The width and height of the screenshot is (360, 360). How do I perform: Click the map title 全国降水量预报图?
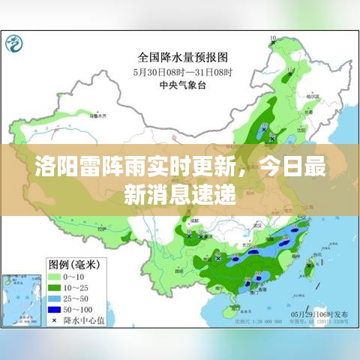point(183,56)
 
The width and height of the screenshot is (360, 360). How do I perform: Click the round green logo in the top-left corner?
point(13,44)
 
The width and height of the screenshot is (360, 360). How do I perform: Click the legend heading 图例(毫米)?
point(75,263)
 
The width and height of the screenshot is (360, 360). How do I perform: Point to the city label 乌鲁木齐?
point(100,115)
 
